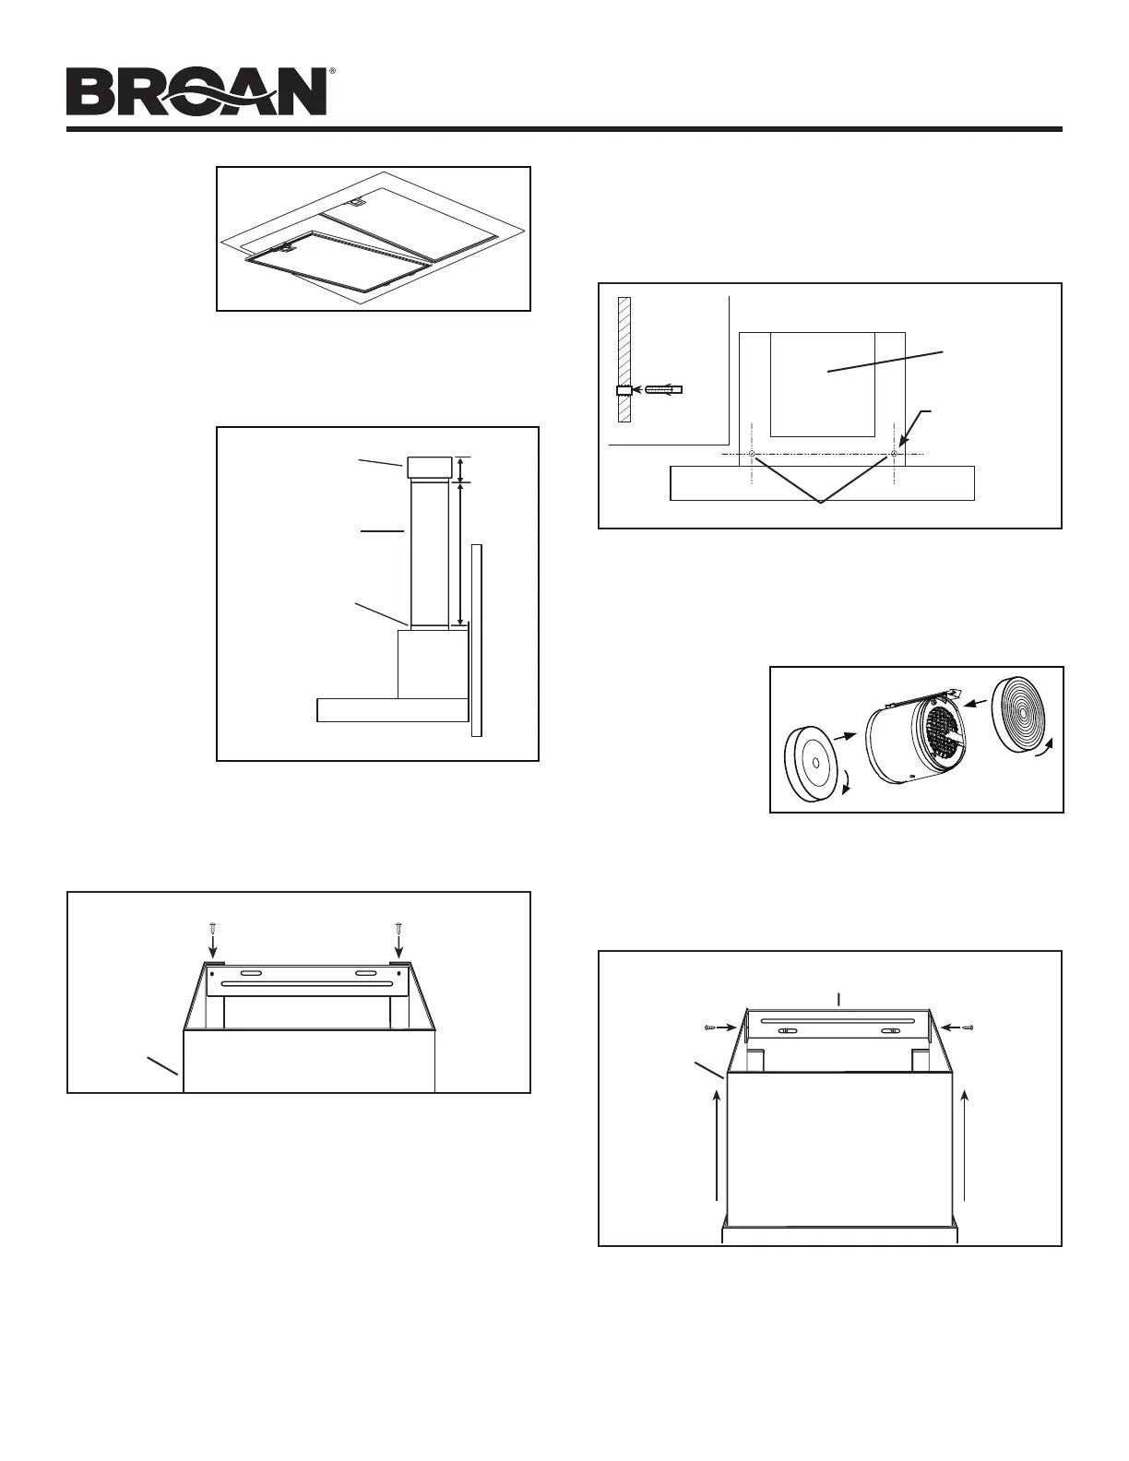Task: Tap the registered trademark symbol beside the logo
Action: coord(332,71)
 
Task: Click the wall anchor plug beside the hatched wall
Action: coord(662,390)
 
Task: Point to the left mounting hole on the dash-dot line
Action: coord(753,454)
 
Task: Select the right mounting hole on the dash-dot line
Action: coord(895,454)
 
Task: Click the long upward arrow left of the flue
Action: coord(718,1144)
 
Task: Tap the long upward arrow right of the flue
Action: coord(965,1144)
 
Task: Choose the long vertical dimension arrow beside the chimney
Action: coord(461,554)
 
